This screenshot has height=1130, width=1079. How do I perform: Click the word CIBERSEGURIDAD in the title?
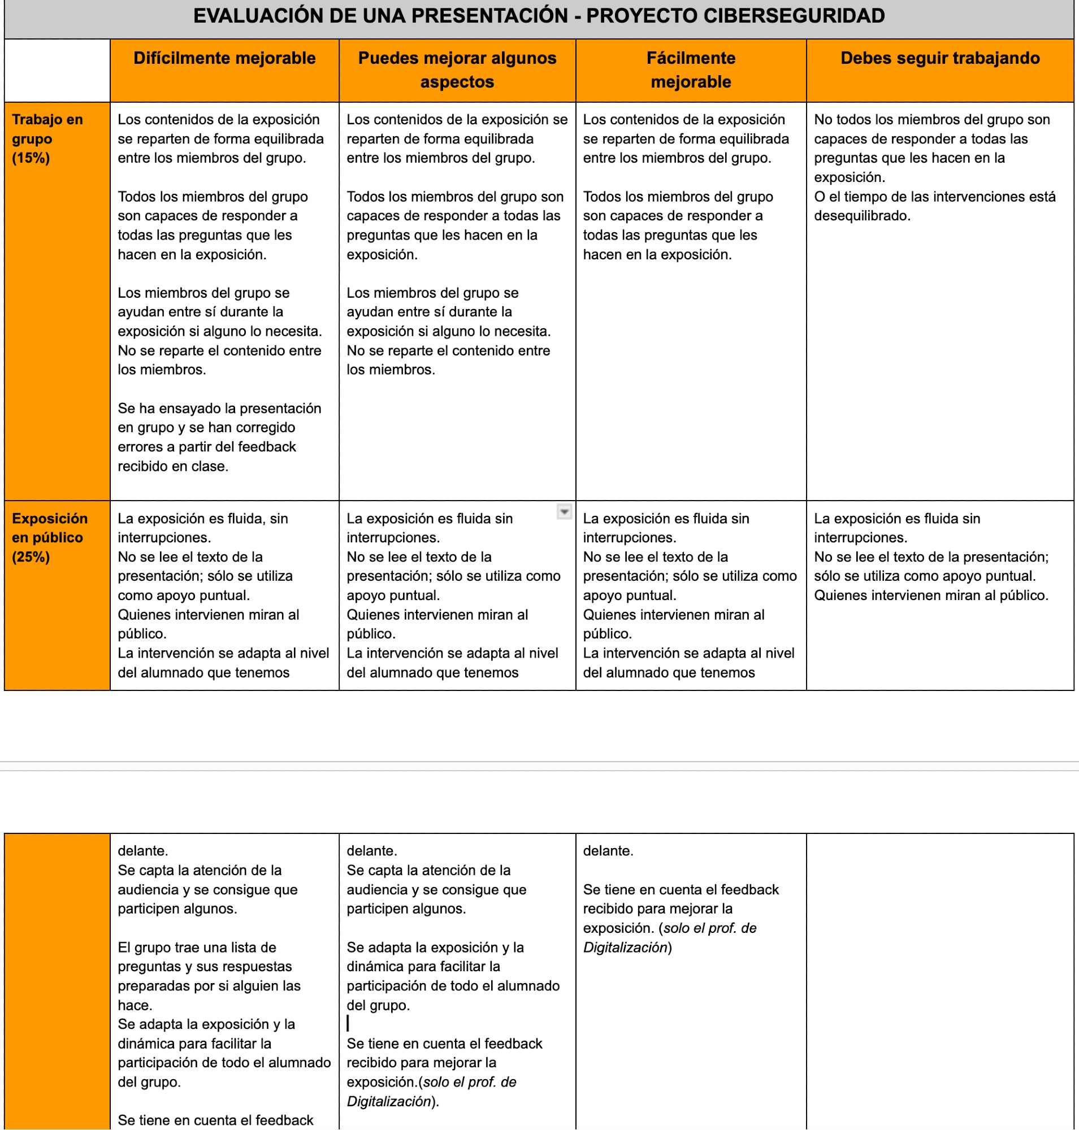pos(793,16)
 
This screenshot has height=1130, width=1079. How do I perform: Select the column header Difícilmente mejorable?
pos(224,58)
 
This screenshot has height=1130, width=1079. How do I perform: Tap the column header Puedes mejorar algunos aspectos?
pos(457,69)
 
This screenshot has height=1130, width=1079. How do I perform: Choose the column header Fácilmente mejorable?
pos(690,69)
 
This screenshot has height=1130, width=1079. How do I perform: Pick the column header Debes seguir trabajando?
pos(939,58)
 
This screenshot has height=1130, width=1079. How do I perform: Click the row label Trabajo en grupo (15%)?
pos(47,138)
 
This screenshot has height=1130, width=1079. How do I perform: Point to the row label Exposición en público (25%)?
pos(50,537)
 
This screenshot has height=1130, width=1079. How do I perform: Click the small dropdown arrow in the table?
pos(564,511)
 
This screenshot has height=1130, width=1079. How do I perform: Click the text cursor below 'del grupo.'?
pos(348,1023)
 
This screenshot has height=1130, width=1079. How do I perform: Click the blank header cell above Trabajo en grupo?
pos(57,70)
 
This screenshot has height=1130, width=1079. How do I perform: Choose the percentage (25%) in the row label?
pos(31,557)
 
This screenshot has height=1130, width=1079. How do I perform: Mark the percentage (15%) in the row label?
pos(31,158)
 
